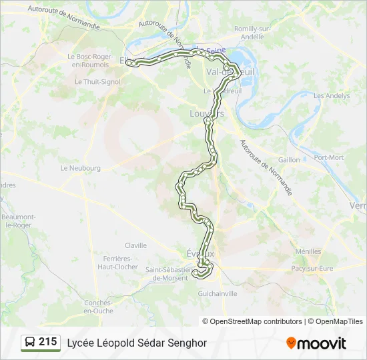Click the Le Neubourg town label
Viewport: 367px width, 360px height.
pyautogui.click(x=80, y=168)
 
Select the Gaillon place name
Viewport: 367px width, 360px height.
pyautogui.click(x=289, y=160)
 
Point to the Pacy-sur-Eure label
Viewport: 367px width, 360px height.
pyautogui.click(x=312, y=268)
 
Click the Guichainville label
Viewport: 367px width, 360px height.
pyautogui.click(x=218, y=293)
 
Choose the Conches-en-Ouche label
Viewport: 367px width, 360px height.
pyautogui.click(x=98, y=306)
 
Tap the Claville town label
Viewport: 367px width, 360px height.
pyautogui.click(x=135, y=245)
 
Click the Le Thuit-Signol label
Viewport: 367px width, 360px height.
pyautogui.click(x=97, y=81)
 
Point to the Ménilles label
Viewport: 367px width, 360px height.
pyautogui.click(x=308, y=251)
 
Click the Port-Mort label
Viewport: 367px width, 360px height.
pyautogui.click(x=329, y=157)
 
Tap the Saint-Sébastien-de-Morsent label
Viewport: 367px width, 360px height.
pyautogui.click(x=169, y=273)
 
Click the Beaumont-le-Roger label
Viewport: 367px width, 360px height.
pyautogui.click(x=17, y=221)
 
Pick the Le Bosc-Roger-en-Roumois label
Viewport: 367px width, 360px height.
pyautogui.click(x=91, y=61)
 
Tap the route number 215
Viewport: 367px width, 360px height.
pyautogui.click(x=47, y=342)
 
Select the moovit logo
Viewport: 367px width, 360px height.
pyautogui.click(x=316, y=343)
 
